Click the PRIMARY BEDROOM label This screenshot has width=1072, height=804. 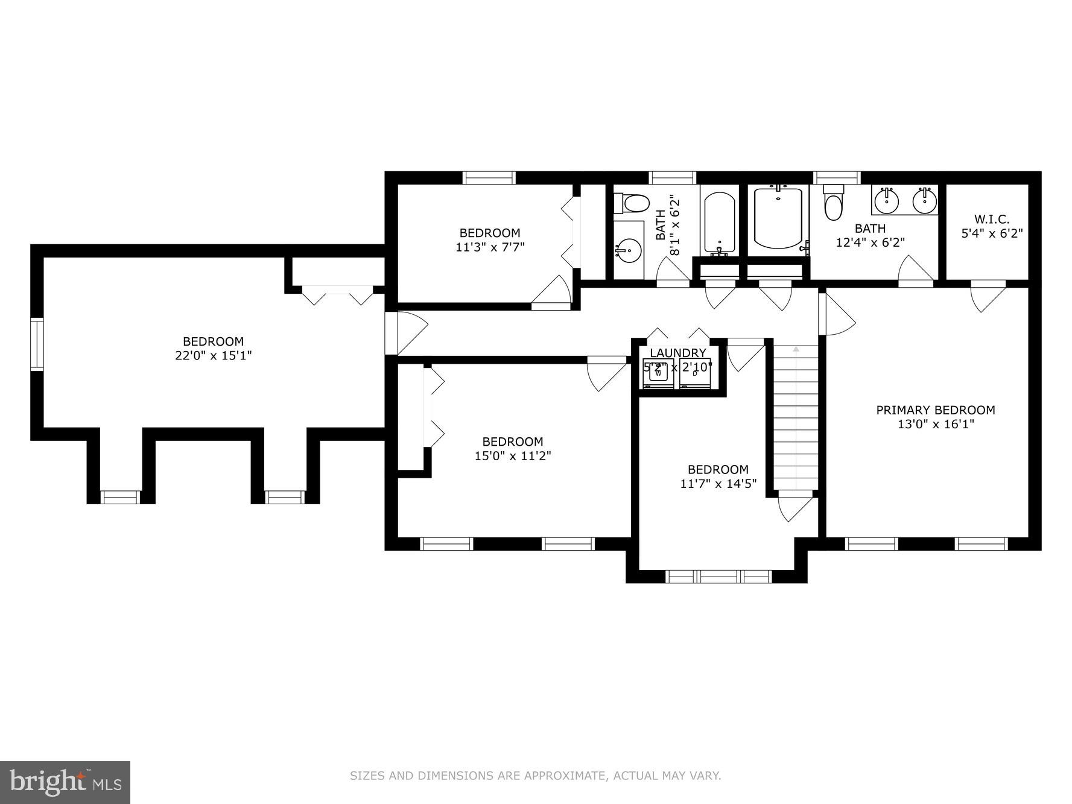tap(935, 410)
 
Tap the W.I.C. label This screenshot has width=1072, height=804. tap(991, 220)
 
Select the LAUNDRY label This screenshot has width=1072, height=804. tap(677, 353)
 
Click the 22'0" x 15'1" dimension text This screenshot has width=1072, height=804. tap(213, 356)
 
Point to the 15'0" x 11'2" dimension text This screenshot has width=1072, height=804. tap(512, 456)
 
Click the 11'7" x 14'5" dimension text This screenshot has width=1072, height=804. tap(718, 484)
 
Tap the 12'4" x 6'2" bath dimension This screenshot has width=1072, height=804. tap(869, 242)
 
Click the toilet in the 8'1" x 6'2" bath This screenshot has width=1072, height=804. tap(631, 203)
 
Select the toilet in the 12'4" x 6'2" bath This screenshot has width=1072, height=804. tap(834, 204)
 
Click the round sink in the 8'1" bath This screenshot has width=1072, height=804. tap(629, 249)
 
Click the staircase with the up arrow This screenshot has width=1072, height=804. tap(796, 416)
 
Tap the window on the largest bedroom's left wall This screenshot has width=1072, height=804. tap(37, 344)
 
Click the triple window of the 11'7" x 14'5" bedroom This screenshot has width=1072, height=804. tap(718, 576)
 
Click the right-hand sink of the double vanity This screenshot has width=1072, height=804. tap(924, 201)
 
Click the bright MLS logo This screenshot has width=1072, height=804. tap(65, 782)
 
